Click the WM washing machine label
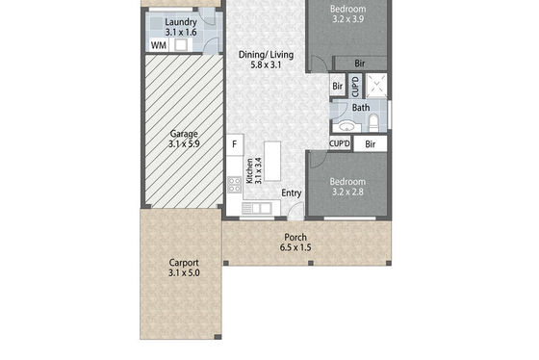[159, 45]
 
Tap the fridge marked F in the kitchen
[235, 144]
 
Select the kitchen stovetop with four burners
[235, 185]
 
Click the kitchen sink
[256, 208]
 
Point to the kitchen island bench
[272, 162]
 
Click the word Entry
[292, 193]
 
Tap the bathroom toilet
[373, 123]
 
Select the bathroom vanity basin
[346, 126]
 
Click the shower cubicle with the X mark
[376, 85]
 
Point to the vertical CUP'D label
[355, 87]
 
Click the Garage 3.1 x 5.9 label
[184, 139]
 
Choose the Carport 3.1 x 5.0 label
[184, 268]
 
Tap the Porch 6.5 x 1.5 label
[295, 242]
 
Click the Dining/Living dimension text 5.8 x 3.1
[266, 64]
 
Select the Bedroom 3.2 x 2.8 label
[347, 187]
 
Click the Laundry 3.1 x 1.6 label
[181, 27]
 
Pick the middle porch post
[311, 263]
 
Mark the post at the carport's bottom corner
[218, 337]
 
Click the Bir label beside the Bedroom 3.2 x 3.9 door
[360, 64]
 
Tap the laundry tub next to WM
[181, 45]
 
